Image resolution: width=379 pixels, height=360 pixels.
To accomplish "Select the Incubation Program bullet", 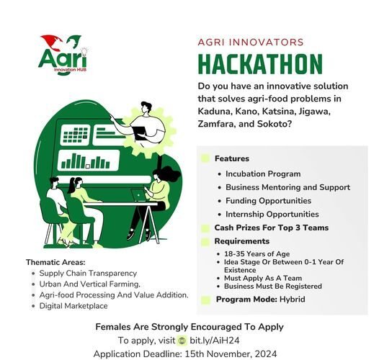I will (263, 174).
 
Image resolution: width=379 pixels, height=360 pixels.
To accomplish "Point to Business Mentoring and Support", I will (278, 187).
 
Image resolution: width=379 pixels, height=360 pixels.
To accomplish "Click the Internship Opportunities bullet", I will (272, 215).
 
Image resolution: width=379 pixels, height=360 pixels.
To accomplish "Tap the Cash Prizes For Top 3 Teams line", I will (271, 228).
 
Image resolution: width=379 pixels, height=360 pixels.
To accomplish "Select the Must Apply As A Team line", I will (262, 278).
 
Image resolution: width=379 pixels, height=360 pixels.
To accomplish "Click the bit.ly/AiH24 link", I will (213, 340).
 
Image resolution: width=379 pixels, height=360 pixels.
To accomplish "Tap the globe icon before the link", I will (182, 340).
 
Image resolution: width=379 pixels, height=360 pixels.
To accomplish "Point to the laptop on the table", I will (137, 194).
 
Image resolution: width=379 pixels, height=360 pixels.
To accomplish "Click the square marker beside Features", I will (205, 158).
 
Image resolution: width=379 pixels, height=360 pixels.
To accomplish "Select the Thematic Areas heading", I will (55, 263).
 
